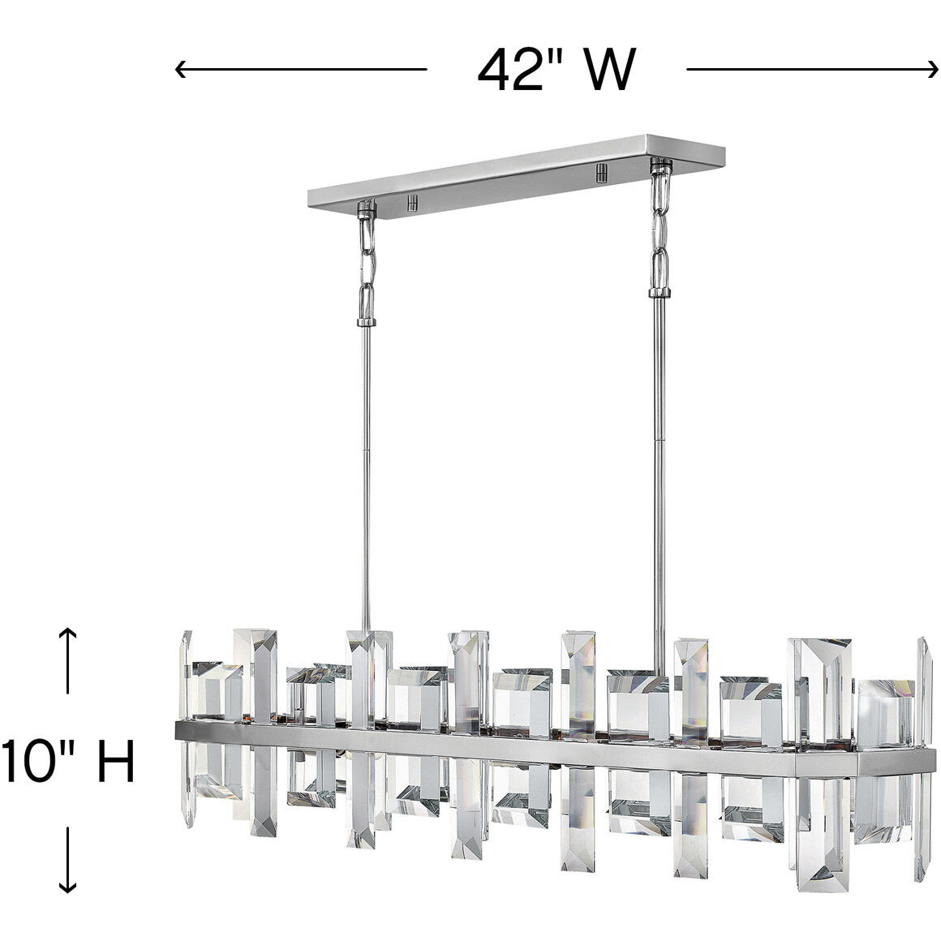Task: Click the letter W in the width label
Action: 604,70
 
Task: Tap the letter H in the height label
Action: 113,762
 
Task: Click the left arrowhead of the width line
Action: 180,70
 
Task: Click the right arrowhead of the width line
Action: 933,70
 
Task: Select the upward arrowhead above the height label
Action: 69,633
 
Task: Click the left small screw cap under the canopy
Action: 412,200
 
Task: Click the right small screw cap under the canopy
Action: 601,173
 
